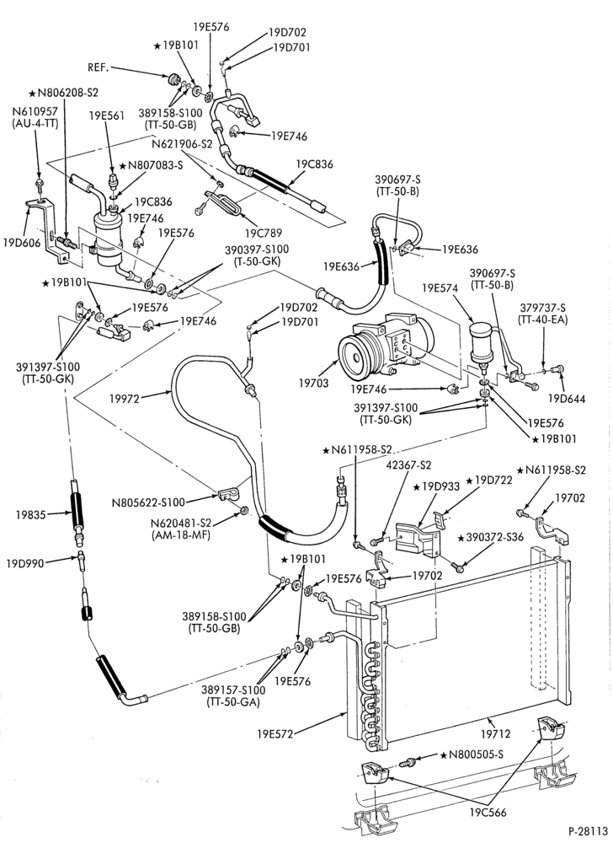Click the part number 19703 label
click(x=315, y=383)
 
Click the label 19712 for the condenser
click(x=497, y=733)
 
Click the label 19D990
click(x=25, y=563)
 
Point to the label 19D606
click(x=21, y=243)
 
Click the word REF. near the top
click(x=99, y=67)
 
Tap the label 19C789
click(x=264, y=234)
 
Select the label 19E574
click(x=440, y=288)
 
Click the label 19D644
click(x=567, y=399)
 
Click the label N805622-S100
click(x=148, y=502)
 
